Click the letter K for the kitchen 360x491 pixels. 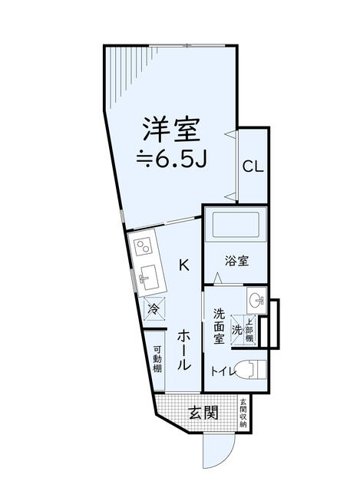coord(184,265)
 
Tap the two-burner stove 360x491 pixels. coord(144,247)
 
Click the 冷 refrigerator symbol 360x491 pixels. coord(154,309)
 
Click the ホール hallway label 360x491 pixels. coord(184,351)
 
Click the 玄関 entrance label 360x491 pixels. coord(203,413)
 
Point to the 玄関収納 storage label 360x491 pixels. coord(243,413)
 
